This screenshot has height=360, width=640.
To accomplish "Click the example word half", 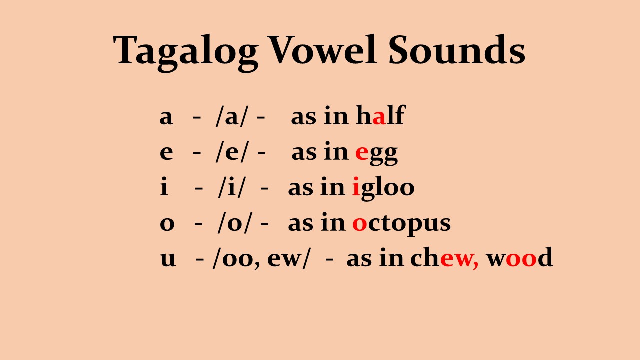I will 380,115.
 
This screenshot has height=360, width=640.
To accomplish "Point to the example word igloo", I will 383,188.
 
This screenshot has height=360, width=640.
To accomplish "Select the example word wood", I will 519,258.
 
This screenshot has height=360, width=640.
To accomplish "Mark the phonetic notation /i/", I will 232,187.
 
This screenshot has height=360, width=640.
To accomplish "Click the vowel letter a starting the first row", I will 166,117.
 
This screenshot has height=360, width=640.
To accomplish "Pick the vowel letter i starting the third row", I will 164,187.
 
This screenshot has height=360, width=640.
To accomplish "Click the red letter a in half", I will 379,117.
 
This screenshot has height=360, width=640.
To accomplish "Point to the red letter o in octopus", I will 359,224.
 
